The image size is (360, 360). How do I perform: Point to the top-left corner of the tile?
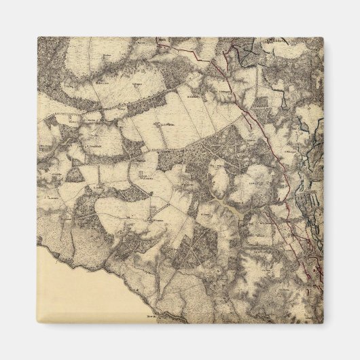point(37,37)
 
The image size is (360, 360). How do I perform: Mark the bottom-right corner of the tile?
point(323,323)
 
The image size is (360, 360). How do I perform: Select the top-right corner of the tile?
point(323,37)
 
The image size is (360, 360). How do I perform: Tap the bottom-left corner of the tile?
point(37,323)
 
